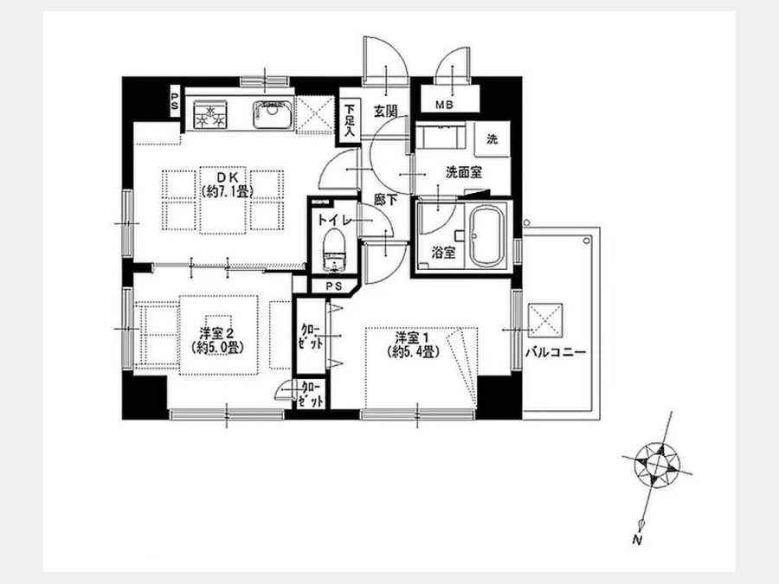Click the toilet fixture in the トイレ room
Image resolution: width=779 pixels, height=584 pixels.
(x=334, y=252)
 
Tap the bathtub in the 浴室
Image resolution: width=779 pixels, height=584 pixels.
(x=487, y=236)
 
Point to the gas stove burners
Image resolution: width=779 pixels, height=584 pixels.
(x=210, y=115)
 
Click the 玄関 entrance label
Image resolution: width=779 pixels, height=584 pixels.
(x=385, y=111)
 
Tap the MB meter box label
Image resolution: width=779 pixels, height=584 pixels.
(x=444, y=105)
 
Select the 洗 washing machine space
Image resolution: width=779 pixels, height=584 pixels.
(x=492, y=139)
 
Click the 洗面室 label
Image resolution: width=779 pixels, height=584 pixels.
(x=464, y=172)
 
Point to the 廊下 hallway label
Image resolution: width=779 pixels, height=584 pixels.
(x=385, y=199)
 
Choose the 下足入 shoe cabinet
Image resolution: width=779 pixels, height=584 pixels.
(x=350, y=119)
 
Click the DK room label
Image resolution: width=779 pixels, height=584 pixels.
(x=227, y=177)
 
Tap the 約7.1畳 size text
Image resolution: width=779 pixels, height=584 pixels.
(x=227, y=191)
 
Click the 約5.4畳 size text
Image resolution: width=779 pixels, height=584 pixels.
(x=414, y=351)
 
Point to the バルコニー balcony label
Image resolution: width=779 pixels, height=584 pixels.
(x=556, y=352)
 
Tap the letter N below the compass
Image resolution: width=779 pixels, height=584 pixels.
(x=637, y=540)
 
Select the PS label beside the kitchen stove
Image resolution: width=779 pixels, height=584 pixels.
(x=175, y=101)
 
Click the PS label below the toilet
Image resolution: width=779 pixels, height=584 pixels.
(x=334, y=286)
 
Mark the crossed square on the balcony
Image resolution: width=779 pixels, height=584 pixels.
(x=545, y=320)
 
